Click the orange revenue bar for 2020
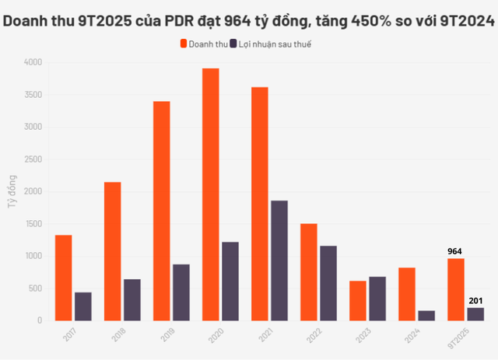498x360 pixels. (210, 194)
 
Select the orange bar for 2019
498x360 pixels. (161, 211)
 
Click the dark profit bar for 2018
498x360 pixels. (132, 299)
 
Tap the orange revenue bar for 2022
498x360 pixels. (308, 272)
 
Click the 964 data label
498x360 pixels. (455, 252)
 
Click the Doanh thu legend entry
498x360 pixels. (204, 44)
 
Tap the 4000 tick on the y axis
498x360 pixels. (33, 62)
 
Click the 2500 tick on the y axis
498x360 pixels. (33, 159)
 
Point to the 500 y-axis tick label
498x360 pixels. (36, 288)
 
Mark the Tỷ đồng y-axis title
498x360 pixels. (11, 190)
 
